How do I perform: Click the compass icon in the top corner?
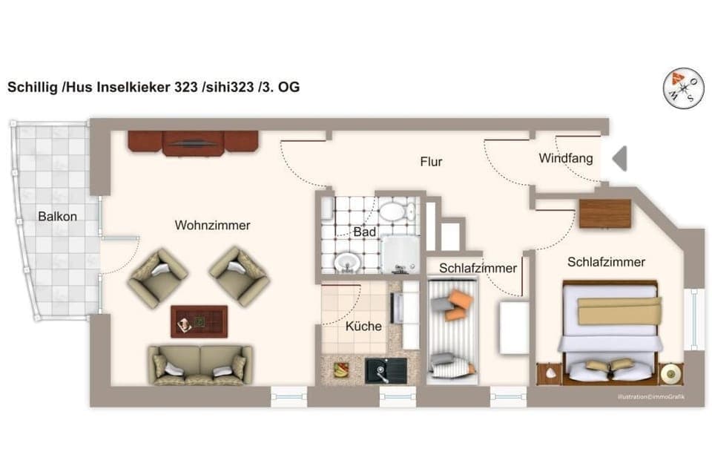coord(682,88)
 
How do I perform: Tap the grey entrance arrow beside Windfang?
coord(619,159)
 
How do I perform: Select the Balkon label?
coord(58,216)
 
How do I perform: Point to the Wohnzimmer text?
coord(212,225)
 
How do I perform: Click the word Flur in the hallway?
coord(431,161)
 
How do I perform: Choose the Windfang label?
coord(566,158)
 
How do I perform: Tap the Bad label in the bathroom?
coord(364,232)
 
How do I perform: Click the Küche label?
coord(363,326)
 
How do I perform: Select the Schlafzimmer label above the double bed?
coord(606,262)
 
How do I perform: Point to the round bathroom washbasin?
coord(346,261)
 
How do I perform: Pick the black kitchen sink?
coord(386,370)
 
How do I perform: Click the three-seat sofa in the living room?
coord(200,364)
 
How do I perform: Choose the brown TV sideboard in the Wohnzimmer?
coord(193,143)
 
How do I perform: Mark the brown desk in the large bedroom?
coord(604,214)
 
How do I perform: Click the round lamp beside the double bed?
coord(671,373)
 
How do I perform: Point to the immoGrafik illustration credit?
coord(650,397)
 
